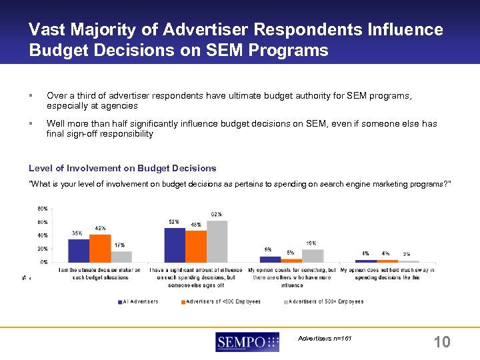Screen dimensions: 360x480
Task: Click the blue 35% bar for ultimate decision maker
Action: [79, 250]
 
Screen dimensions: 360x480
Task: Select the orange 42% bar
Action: [100, 248]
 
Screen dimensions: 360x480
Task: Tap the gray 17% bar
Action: [121, 257]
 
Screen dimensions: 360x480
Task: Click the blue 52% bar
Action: [175, 245]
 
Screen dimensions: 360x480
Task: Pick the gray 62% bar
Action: [217, 241]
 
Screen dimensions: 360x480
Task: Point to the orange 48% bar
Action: [196, 246]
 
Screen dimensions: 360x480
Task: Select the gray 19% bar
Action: [313, 256]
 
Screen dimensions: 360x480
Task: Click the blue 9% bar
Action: [270, 259]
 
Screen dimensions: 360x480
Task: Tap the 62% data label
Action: [216, 214]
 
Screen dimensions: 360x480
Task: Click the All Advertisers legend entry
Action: [139, 301]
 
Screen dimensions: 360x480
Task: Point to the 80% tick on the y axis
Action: [41, 209]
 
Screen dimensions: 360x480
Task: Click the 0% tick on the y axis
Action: [43, 262]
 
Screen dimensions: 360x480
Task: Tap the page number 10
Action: [441, 342]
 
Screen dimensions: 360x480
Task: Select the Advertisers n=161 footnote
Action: [325, 339]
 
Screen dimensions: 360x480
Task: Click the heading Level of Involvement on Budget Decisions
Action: [123, 168]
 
